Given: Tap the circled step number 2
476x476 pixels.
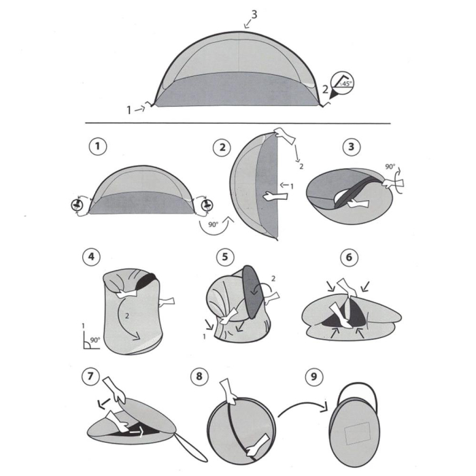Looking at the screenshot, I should click(221, 146).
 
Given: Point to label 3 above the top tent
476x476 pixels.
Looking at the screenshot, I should click(254, 14).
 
